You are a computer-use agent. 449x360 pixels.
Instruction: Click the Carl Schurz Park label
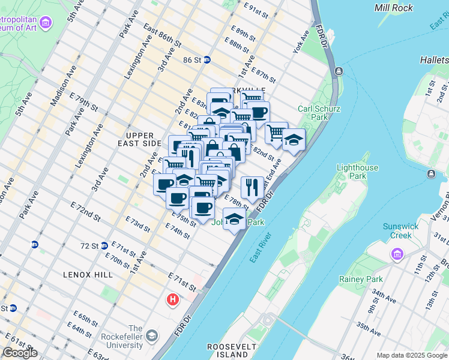tap(313, 113)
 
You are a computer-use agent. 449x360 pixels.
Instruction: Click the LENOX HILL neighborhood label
tap(88, 274)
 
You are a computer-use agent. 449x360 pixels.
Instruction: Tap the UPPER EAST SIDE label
tap(140, 139)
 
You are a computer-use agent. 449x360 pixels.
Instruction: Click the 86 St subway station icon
tap(206, 60)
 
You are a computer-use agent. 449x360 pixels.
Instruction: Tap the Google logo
tap(20, 353)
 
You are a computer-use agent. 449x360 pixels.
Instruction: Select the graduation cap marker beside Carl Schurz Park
tap(294, 140)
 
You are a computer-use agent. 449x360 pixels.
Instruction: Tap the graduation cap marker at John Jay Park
tap(234, 219)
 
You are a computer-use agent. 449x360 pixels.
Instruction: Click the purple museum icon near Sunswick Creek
tap(396, 254)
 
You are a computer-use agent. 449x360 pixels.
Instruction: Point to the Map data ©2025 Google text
tap(412, 355)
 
